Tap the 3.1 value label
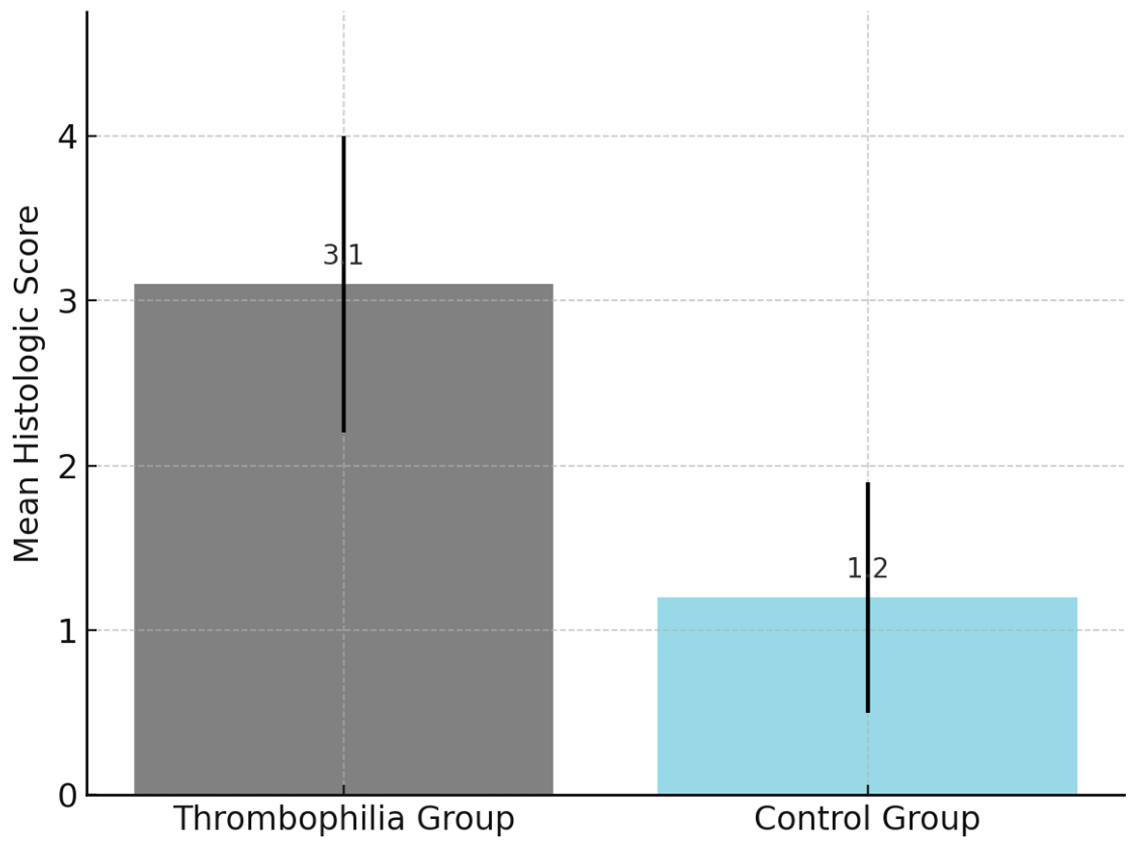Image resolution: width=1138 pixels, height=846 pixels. [343, 255]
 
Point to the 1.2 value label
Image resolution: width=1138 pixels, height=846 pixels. [867, 568]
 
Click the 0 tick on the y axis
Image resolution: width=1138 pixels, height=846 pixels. [68, 796]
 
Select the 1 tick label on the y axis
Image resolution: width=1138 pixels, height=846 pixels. [68, 632]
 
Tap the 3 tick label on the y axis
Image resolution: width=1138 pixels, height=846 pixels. [68, 302]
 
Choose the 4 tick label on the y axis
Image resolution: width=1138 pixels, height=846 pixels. [68, 137]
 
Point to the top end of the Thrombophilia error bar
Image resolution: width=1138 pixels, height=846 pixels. [343, 138]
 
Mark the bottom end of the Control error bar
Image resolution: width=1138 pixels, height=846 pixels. [867, 711]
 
